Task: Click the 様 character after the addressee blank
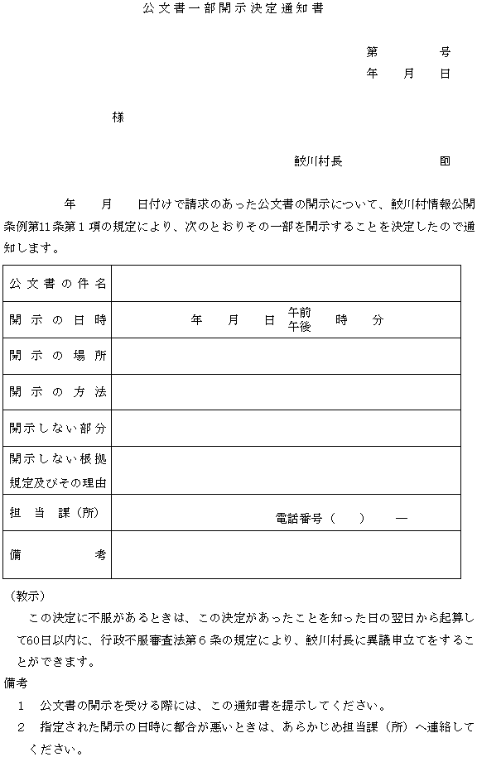(x=118, y=117)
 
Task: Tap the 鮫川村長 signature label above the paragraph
(x=318, y=161)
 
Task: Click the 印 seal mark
(x=446, y=161)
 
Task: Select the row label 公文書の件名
(x=58, y=284)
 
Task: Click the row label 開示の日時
(x=58, y=320)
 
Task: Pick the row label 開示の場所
(x=58, y=356)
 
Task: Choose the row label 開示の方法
(x=58, y=392)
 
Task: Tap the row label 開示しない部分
(x=58, y=429)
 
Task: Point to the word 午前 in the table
(x=299, y=313)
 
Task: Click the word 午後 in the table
(x=299, y=327)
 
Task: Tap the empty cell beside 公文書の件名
(x=286, y=284)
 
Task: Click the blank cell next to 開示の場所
(x=286, y=356)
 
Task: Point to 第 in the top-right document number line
(x=372, y=51)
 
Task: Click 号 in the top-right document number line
(x=446, y=51)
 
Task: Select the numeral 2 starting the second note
(x=22, y=727)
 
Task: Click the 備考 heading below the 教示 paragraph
(x=16, y=683)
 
